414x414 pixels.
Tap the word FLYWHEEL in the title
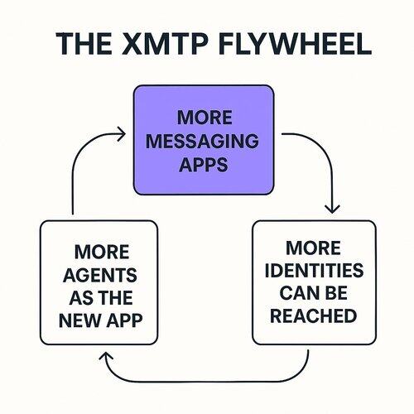[x=295, y=44]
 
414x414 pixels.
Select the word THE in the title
[x=84, y=44]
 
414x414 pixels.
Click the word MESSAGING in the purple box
[x=202, y=141]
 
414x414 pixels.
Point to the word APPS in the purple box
[x=204, y=165]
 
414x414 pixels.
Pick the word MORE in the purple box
[x=205, y=118]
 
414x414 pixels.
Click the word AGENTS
[x=100, y=275]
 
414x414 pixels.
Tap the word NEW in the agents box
[x=80, y=320]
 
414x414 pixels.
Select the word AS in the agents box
[x=80, y=297]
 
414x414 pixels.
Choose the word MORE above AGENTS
[x=102, y=252]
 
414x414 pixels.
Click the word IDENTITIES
[x=314, y=270]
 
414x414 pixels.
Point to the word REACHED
[x=313, y=315]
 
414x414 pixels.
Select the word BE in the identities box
[x=337, y=293]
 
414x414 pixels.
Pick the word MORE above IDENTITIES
[x=313, y=248]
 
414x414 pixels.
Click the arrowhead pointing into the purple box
[x=122, y=134]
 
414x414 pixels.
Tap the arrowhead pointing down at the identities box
[x=332, y=209]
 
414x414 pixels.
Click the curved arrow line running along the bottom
[x=205, y=382]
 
